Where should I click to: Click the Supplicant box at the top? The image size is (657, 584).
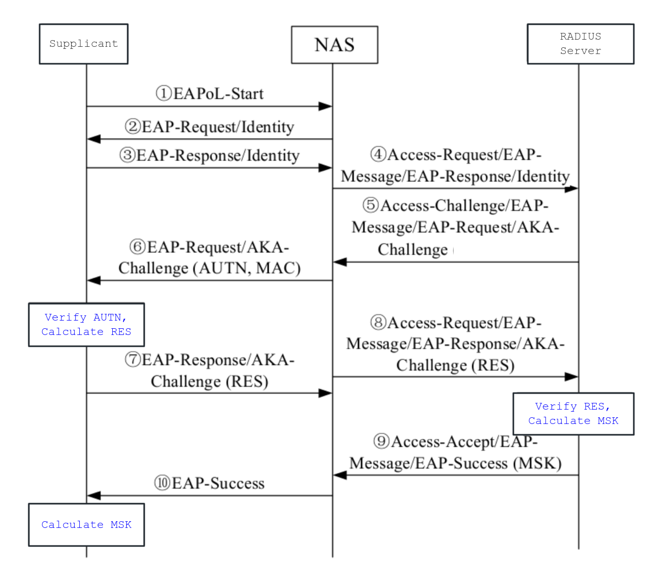83,44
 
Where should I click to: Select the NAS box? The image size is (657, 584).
334,45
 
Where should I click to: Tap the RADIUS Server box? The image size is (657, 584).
580,44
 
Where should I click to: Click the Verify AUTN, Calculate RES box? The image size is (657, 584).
86,325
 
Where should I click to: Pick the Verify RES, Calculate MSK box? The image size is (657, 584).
573,414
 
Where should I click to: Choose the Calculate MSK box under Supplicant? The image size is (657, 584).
86,525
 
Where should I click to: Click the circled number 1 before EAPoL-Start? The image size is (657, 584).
164,94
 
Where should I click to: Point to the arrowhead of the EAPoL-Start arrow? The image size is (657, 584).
325,107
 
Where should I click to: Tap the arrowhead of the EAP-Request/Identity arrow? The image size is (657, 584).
94,139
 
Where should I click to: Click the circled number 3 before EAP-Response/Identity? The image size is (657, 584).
127,155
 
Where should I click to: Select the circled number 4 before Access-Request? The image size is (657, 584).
378,154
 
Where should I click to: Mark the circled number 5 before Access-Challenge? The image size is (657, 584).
371,205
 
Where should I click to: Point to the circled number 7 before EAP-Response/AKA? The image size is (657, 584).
133,359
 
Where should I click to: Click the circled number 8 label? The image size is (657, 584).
378,323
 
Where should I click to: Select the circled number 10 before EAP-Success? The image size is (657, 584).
162,483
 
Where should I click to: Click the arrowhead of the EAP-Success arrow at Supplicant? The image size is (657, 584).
94,495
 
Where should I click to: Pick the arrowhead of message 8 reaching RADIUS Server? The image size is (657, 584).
572,377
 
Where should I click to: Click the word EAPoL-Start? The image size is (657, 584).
218,94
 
